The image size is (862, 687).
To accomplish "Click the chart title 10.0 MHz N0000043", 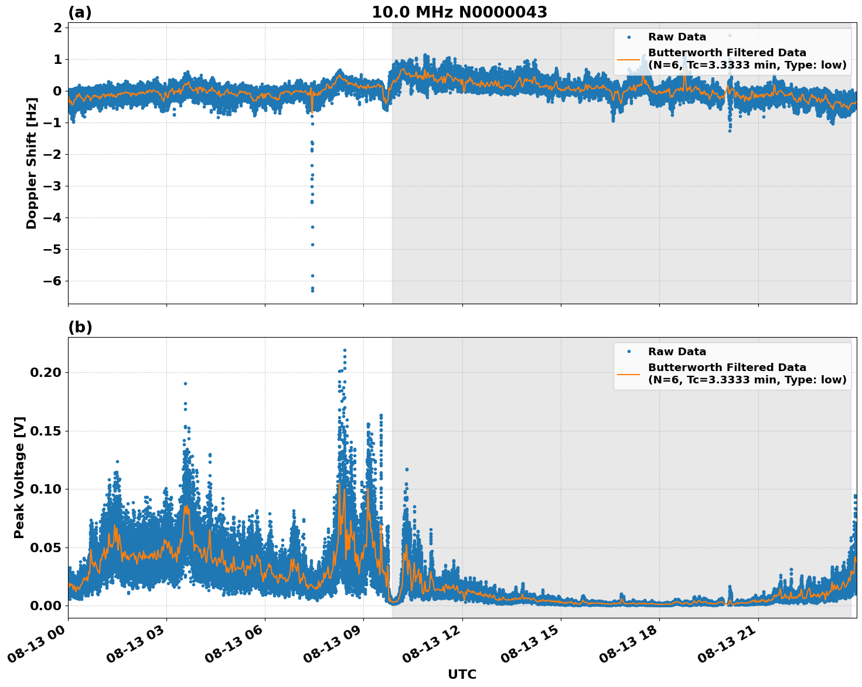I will [x=459, y=12].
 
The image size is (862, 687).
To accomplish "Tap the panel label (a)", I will [x=80, y=12].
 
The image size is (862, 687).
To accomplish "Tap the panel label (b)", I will [x=80, y=327].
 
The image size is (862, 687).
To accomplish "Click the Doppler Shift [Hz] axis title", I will [x=32, y=163].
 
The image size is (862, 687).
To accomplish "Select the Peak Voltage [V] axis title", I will [x=19, y=478].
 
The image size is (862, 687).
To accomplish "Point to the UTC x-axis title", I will [x=462, y=674].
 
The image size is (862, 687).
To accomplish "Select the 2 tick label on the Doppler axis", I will [x=57, y=28].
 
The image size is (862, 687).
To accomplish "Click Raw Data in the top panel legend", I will [x=677, y=37].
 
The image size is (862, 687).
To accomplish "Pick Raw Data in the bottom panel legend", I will [x=677, y=352].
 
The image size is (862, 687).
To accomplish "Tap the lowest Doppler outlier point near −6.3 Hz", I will [x=312, y=290].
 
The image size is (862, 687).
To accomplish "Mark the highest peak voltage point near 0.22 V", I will [x=345, y=350].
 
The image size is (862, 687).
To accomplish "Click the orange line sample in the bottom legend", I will [x=628, y=374].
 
